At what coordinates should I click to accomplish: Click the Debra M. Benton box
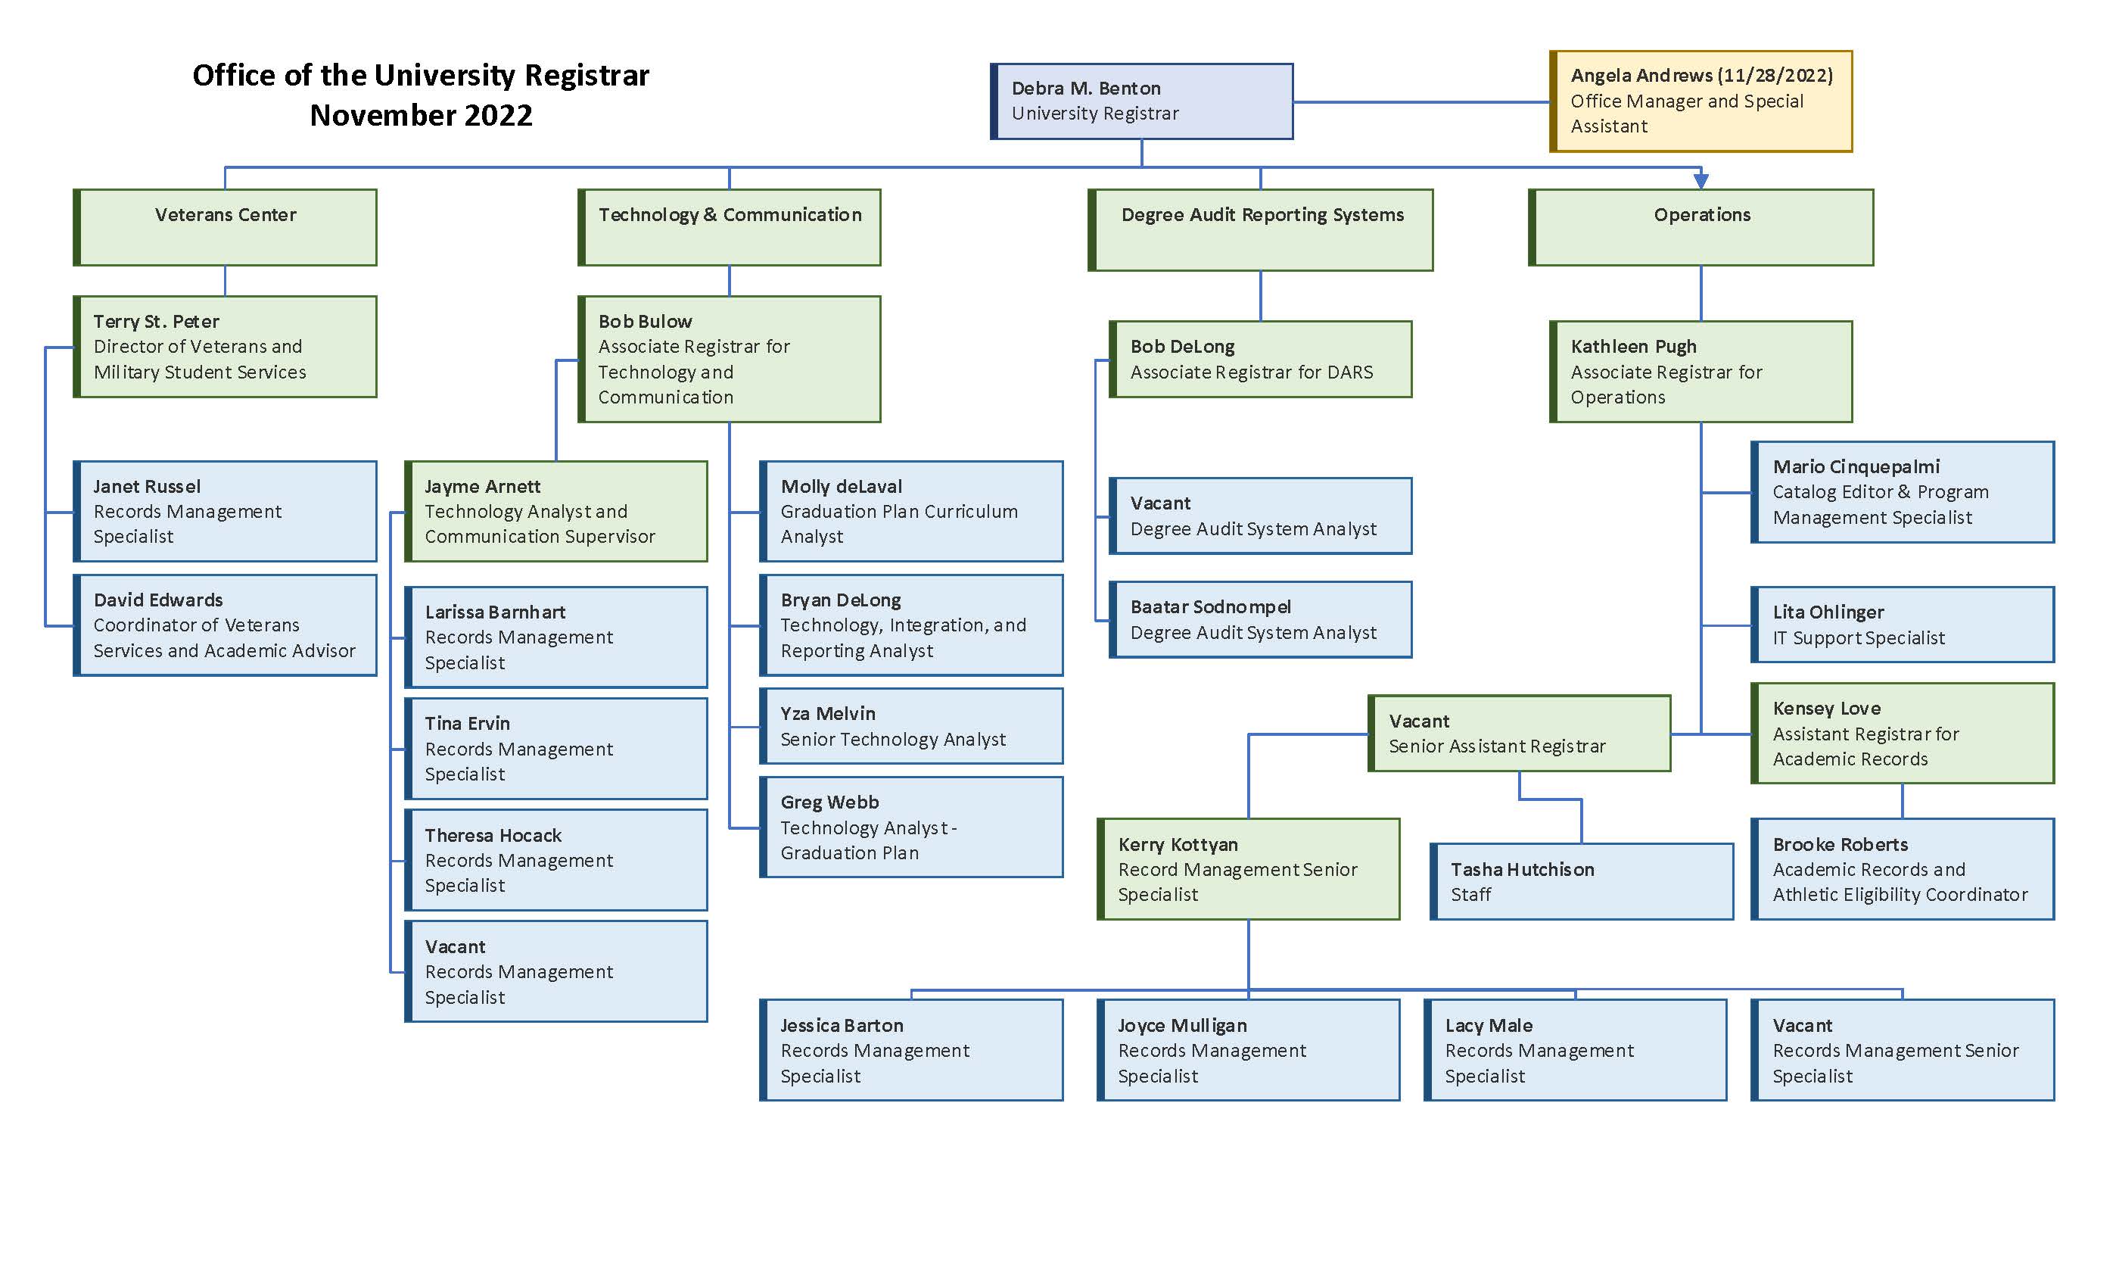[x=1141, y=101]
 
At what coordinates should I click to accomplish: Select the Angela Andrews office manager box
[x=1700, y=101]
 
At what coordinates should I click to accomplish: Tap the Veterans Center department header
[x=226, y=226]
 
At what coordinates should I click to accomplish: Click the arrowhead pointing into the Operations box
[x=1700, y=181]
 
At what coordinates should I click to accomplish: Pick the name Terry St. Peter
[x=156, y=321]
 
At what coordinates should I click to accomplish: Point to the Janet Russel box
[x=226, y=511]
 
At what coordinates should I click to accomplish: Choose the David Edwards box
[x=226, y=625]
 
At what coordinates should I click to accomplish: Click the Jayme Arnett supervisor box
[x=556, y=511]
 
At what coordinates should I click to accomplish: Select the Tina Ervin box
[x=556, y=749]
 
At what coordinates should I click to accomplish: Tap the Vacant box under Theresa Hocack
[x=556, y=971]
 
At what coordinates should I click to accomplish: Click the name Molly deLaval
[x=841, y=486]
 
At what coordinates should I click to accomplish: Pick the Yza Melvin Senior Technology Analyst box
[x=912, y=725]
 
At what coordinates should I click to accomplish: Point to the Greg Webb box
[x=912, y=827]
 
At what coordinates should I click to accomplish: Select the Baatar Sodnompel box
[x=1261, y=619]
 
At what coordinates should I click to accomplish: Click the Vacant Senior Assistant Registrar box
[x=1520, y=733]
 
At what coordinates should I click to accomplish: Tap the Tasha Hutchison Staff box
[x=1582, y=882]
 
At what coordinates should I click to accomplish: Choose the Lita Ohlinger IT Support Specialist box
[x=1903, y=625]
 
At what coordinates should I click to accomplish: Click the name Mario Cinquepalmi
[x=1856, y=466]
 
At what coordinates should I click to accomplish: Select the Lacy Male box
[x=1575, y=1049]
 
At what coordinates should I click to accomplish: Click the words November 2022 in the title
[x=421, y=115]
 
